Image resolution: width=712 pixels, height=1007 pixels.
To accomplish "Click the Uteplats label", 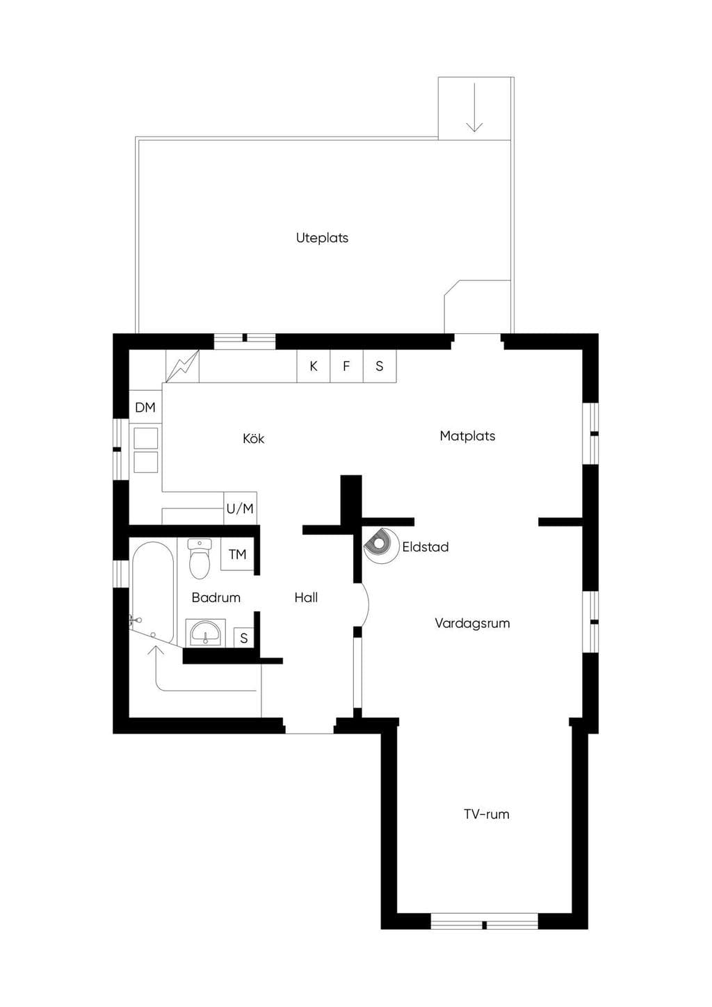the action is point(322,238).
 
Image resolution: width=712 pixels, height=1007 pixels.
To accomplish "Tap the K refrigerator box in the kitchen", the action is point(314,366).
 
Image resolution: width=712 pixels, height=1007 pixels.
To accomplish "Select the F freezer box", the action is point(346,366).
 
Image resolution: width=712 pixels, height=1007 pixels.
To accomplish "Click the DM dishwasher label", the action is point(145,408).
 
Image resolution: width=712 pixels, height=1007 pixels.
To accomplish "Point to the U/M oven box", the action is point(241,508).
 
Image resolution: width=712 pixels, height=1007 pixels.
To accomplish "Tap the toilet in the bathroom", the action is point(199,559).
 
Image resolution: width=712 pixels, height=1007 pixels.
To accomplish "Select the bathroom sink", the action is point(205,633).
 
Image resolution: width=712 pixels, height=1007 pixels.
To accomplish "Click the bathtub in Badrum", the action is point(153,593).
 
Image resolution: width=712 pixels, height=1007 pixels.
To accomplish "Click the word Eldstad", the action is point(426,547).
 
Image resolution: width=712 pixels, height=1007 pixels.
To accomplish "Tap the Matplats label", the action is point(467,436).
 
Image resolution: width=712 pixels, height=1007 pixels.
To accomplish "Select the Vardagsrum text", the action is point(472,623).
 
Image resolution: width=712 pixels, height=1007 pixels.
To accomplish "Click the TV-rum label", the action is point(486,814).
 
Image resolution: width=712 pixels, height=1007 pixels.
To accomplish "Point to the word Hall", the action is point(306,597).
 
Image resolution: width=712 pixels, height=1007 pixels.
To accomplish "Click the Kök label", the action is point(254,438).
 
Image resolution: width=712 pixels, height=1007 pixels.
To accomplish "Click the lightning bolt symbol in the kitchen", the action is point(182,366).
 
